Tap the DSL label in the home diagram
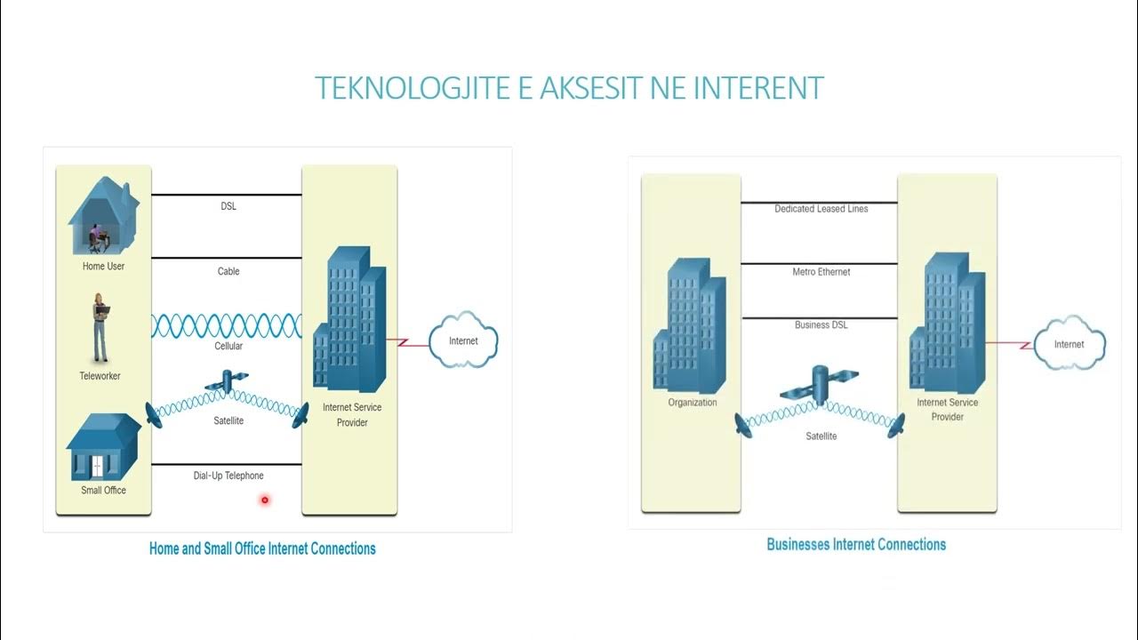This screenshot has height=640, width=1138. tap(228, 206)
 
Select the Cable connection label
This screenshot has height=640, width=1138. tap(228, 271)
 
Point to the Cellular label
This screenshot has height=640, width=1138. tap(228, 347)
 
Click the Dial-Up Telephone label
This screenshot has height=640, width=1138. tap(228, 476)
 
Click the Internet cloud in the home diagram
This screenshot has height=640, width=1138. tap(463, 340)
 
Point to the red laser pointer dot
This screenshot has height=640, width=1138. tap(264, 500)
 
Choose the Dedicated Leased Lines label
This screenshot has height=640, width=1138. tap(821, 209)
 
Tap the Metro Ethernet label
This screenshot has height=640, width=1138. tap(821, 272)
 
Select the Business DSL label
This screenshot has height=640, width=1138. tap(821, 325)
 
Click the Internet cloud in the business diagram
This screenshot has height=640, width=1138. tap(1069, 344)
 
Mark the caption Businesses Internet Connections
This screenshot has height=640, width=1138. tap(856, 544)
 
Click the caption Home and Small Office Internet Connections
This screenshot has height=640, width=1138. tap(262, 548)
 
